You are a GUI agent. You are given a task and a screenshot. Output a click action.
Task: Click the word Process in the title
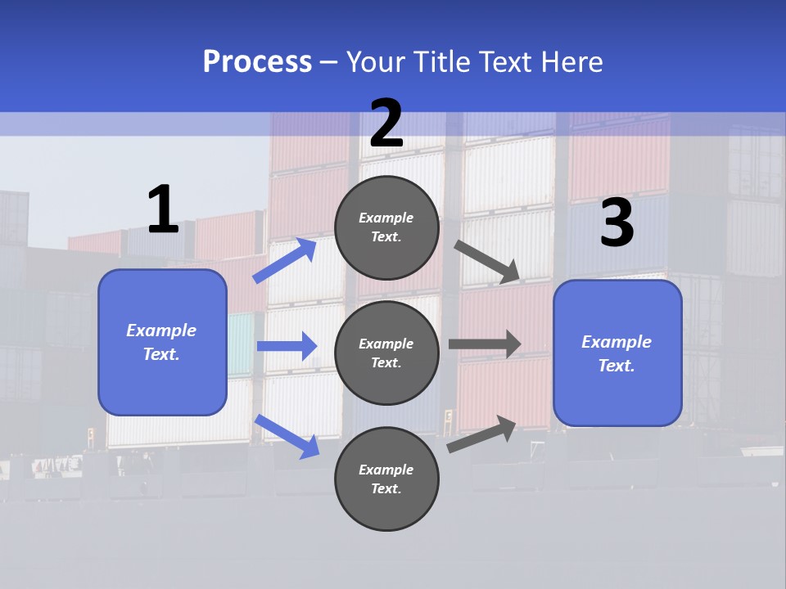(x=257, y=62)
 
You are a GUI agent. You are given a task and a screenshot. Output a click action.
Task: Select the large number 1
(x=163, y=210)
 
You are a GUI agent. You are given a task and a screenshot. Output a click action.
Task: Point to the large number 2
(x=386, y=124)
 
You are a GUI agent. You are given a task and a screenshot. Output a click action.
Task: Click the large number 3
(x=617, y=223)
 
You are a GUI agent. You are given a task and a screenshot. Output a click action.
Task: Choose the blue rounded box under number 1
(x=162, y=342)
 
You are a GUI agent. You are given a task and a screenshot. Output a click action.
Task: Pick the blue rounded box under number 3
(x=617, y=353)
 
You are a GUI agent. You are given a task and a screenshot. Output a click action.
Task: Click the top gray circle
(x=386, y=227)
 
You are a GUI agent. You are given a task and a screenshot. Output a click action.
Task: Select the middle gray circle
(x=386, y=353)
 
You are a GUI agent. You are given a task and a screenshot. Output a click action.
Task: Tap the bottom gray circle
(x=386, y=479)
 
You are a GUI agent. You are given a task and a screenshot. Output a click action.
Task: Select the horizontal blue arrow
(x=287, y=346)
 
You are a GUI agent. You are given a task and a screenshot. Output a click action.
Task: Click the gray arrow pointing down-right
(x=488, y=262)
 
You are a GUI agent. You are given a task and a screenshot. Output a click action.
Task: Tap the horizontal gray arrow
(x=485, y=344)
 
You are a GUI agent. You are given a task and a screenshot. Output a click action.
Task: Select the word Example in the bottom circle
(x=386, y=470)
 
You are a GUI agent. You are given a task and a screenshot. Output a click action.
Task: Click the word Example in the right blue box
(x=617, y=342)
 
